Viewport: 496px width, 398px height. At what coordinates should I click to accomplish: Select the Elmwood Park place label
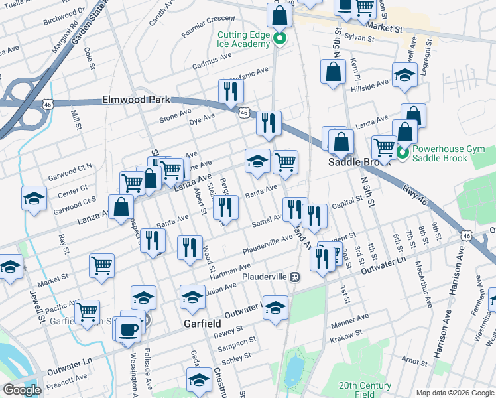[x=135, y=99]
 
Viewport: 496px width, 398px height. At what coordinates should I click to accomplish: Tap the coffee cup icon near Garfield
[x=127, y=329]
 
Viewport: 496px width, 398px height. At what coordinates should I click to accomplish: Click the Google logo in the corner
[x=21, y=390]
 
